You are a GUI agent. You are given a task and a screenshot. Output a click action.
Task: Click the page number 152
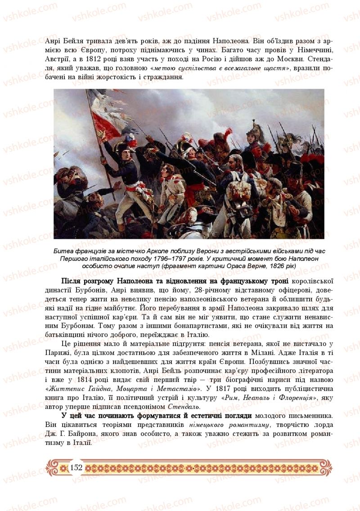tap(76, 468)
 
